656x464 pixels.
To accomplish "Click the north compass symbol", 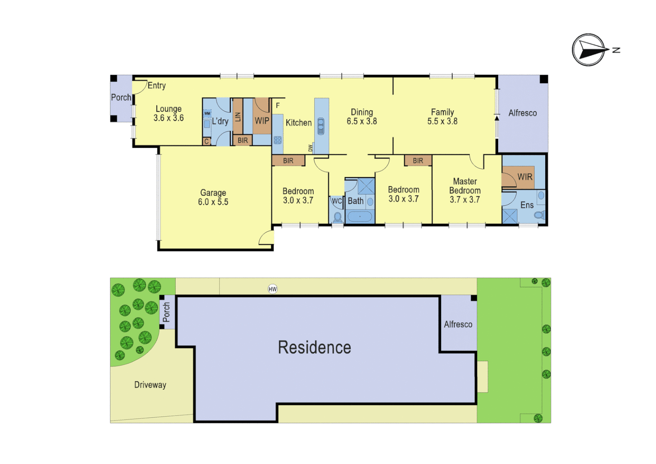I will tap(589, 50).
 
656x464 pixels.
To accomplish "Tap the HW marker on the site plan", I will tap(272, 289).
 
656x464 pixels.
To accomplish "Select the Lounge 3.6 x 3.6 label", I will tap(169, 113).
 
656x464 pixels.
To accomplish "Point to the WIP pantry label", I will tap(262, 121).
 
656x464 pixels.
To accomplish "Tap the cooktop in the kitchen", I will tap(278, 140).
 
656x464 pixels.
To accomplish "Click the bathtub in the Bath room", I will tap(360, 216).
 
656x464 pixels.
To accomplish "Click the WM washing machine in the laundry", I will tap(207, 113).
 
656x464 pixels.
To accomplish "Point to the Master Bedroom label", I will tap(465, 190).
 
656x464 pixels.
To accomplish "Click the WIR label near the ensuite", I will tap(525, 177).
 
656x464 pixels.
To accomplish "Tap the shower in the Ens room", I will tap(510, 216).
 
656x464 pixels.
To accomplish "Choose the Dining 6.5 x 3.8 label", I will tap(362, 117).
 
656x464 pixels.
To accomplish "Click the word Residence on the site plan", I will tap(314, 348).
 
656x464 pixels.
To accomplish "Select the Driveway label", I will tap(150, 385).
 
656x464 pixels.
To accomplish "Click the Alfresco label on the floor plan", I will tap(522, 113).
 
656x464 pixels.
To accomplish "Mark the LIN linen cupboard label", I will tap(238, 116).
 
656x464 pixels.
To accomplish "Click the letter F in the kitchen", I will tap(278, 106).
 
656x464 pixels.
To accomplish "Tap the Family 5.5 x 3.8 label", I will tap(442, 117).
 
